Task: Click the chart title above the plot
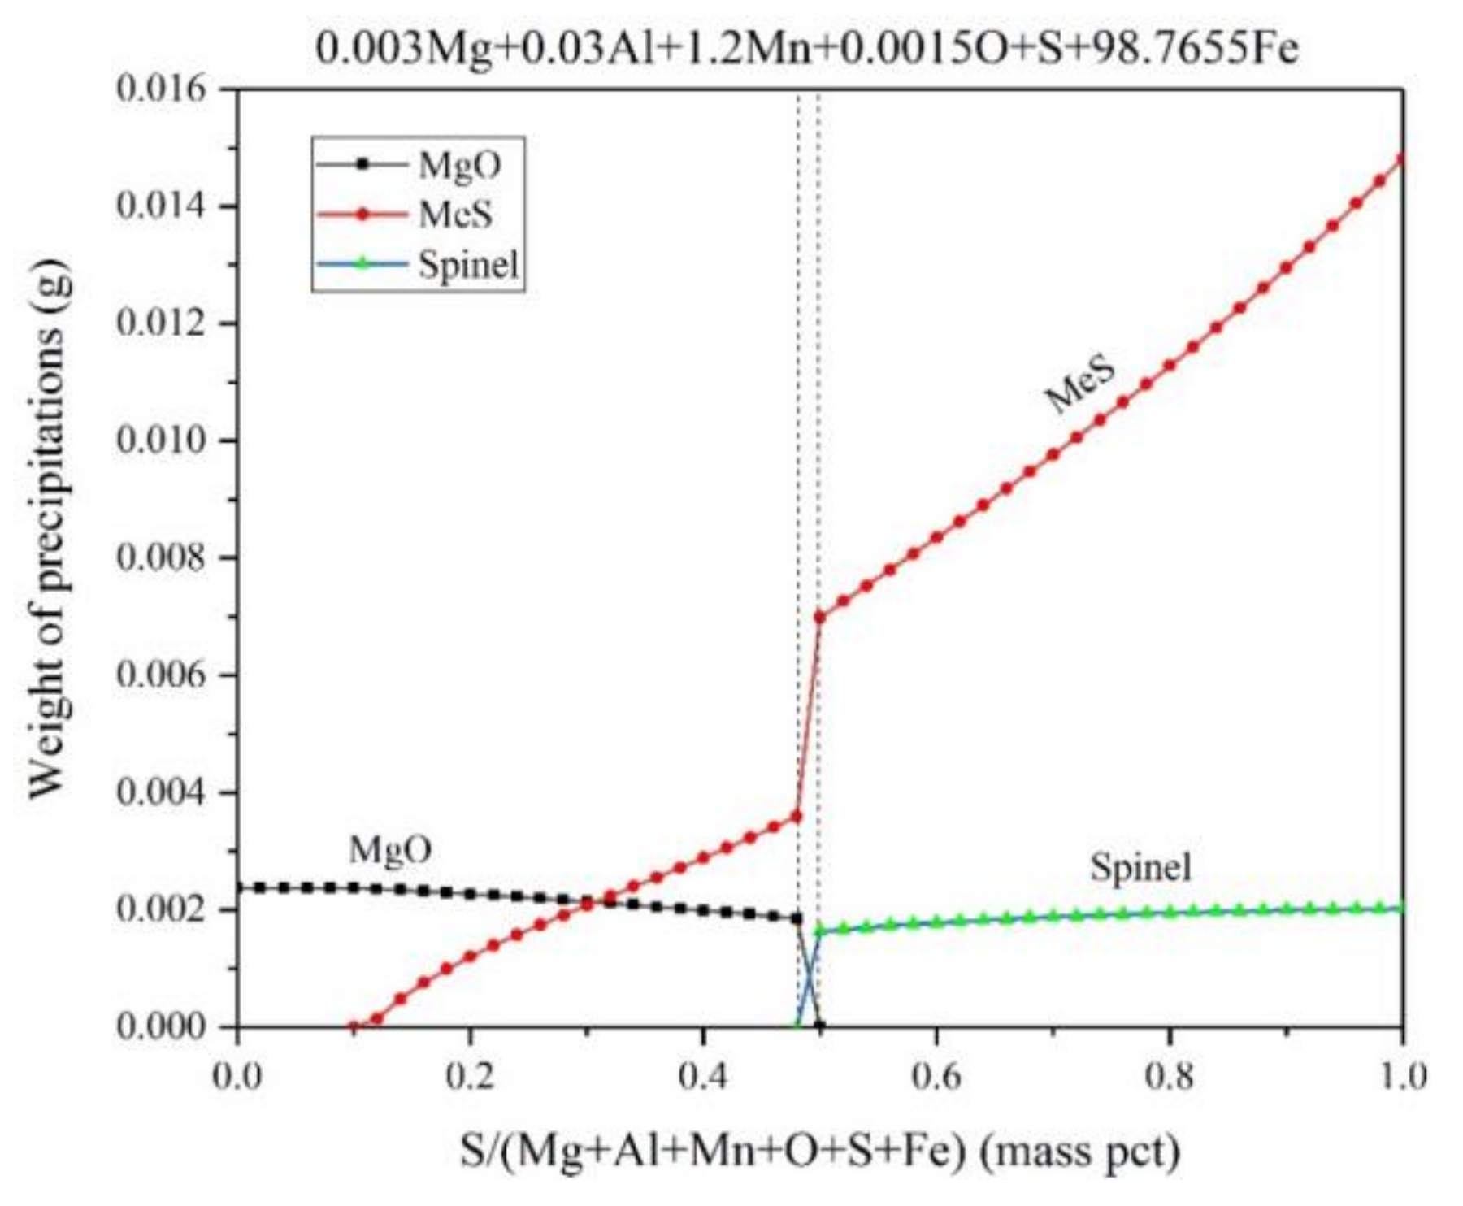click(806, 49)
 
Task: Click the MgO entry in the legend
click(458, 165)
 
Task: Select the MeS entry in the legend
click(454, 215)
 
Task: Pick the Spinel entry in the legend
click(467, 264)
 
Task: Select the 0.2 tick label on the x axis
click(470, 1078)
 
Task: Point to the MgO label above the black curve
click(390, 850)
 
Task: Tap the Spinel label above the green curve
click(1140, 867)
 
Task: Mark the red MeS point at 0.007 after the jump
click(819, 617)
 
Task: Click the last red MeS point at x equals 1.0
click(1402, 159)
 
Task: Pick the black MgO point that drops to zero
click(819, 1026)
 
